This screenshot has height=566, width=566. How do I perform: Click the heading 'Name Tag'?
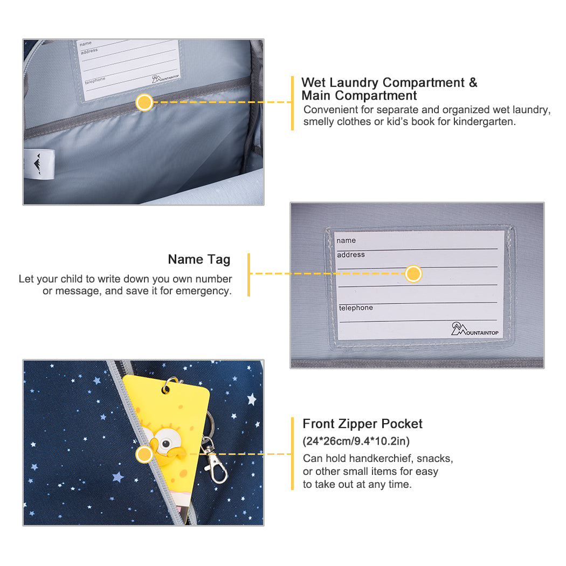pyautogui.click(x=199, y=259)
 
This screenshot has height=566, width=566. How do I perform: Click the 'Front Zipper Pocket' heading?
pyautogui.click(x=362, y=423)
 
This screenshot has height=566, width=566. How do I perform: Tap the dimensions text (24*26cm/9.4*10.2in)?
pyautogui.click(x=356, y=441)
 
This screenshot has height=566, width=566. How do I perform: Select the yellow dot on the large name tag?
pyautogui.click(x=413, y=274)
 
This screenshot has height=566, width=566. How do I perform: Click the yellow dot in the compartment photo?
pyautogui.click(x=144, y=102)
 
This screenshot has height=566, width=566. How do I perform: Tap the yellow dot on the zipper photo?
pyautogui.click(x=144, y=454)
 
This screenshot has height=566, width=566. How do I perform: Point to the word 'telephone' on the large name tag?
pyautogui.click(x=356, y=308)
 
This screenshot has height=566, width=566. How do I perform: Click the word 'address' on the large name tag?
pyautogui.click(x=351, y=255)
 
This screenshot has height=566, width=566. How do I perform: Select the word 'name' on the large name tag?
pyautogui.click(x=346, y=240)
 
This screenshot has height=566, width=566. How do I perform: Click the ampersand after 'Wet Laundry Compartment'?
pyautogui.click(x=473, y=82)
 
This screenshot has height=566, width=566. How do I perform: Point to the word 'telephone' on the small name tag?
pyautogui.click(x=95, y=80)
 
